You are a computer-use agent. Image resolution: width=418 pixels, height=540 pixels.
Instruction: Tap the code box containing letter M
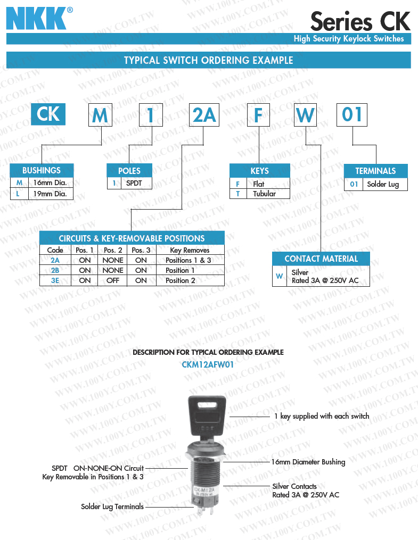100,115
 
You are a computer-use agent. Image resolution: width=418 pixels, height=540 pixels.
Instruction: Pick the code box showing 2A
204,115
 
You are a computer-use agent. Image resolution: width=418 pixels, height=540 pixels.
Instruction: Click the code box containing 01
352,115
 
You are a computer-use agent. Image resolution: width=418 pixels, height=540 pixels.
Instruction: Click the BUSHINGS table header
42,170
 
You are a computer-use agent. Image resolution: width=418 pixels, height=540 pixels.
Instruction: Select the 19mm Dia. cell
50,194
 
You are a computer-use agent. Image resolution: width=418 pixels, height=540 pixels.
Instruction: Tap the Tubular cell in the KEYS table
264,194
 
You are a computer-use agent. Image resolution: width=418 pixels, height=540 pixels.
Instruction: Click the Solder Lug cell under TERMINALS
383,184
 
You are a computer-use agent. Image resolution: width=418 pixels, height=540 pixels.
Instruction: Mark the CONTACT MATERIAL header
321,259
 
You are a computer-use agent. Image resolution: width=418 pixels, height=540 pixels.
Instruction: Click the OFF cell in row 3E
113,280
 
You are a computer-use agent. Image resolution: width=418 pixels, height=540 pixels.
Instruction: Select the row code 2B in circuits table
55,270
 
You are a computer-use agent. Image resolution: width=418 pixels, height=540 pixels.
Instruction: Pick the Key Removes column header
190,250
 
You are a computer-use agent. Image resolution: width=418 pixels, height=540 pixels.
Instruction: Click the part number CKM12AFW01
208,365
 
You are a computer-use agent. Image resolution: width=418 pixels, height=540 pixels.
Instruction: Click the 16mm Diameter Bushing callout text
308,462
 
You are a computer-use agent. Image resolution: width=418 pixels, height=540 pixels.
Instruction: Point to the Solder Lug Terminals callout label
112,506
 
